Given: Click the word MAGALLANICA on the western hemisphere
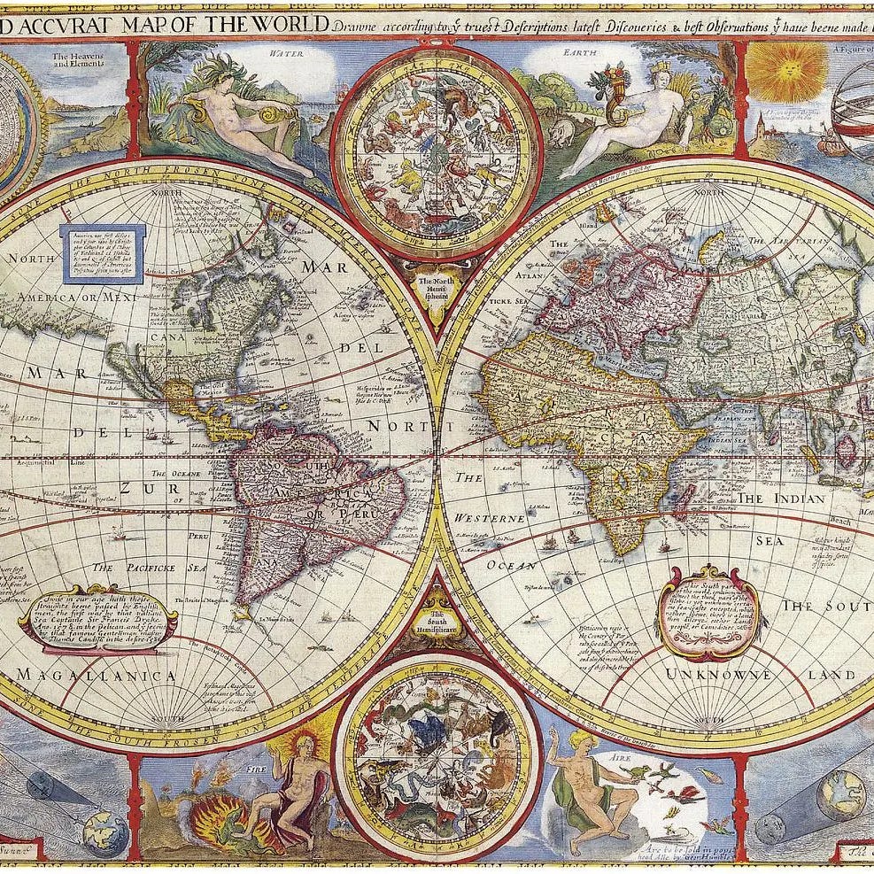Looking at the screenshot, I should point(96,676).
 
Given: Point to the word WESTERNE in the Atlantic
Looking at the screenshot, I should point(490,517).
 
